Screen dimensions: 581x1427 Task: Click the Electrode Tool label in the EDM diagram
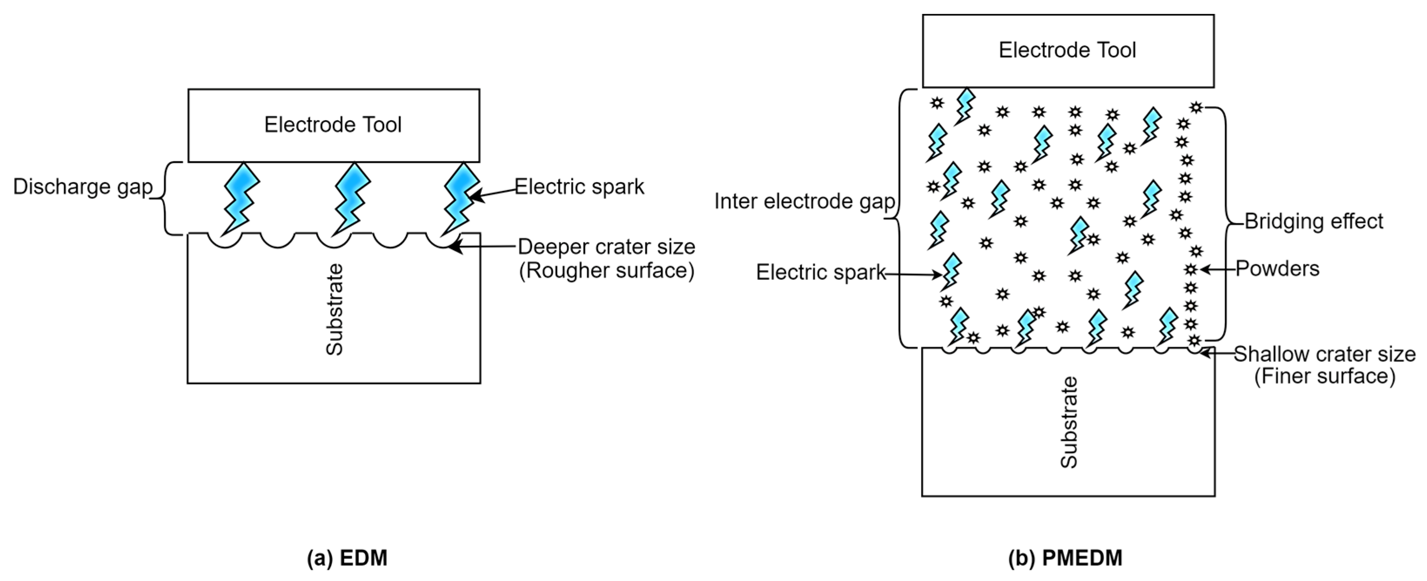(x=332, y=125)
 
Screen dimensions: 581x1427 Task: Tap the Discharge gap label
(x=83, y=187)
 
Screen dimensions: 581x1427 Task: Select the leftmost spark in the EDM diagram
(x=241, y=197)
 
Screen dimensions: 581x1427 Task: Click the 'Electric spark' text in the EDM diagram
(x=580, y=187)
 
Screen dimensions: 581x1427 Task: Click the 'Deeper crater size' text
(x=606, y=247)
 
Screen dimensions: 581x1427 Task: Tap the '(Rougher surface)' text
(x=606, y=271)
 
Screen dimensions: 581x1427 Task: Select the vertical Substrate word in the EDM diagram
(x=334, y=309)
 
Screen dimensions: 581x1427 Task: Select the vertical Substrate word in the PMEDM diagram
(x=1069, y=422)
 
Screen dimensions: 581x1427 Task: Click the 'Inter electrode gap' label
(x=804, y=201)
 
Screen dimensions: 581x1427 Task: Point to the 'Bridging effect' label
(x=1313, y=222)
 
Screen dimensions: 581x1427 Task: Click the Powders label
(x=1277, y=269)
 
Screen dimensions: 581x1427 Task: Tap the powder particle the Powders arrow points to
(x=1191, y=270)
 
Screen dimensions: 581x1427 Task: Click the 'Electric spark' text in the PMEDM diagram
(x=821, y=272)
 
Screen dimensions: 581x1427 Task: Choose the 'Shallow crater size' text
(x=1324, y=354)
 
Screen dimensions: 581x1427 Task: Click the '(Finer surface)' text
(x=1324, y=376)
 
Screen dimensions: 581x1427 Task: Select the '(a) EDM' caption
(x=347, y=558)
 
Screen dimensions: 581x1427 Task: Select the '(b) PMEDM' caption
(x=1065, y=558)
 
